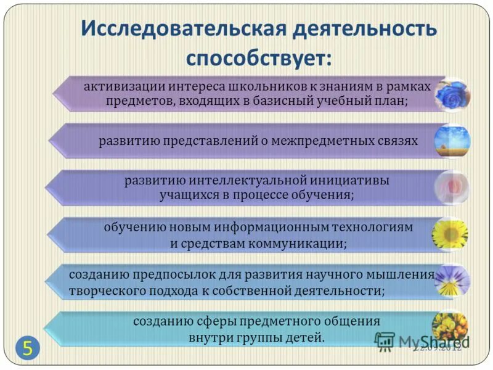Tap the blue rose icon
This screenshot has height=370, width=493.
click(x=452, y=94)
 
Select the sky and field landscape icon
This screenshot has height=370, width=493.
click(x=452, y=141)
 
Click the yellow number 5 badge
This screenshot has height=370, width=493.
click(x=28, y=347)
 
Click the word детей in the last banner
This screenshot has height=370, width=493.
click(x=306, y=338)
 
